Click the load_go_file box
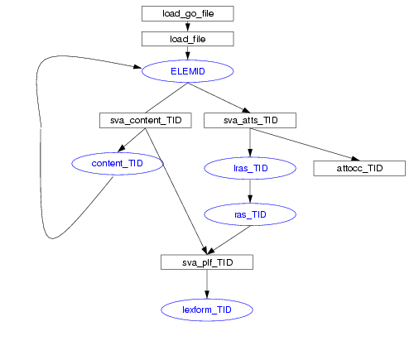(x=188, y=13)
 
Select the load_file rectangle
(x=188, y=39)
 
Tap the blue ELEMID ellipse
(x=188, y=71)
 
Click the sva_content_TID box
(x=146, y=120)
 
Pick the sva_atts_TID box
(x=250, y=120)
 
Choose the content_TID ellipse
(x=118, y=163)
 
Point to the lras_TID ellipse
(x=250, y=168)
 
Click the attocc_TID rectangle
(x=359, y=168)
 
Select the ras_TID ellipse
(x=250, y=214)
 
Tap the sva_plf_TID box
(x=207, y=262)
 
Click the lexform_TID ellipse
(x=207, y=310)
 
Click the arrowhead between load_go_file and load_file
(x=188, y=27)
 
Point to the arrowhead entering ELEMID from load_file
(x=188, y=55)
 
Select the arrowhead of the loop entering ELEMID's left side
(x=137, y=66)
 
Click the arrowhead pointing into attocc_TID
(x=355, y=159)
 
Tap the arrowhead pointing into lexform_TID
(x=207, y=295)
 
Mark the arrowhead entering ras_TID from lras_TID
(x=250, y=199)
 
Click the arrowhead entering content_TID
(x=121, y=149)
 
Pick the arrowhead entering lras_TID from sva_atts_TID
(x=250, y=152)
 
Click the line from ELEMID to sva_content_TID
(x=166, y=98)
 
